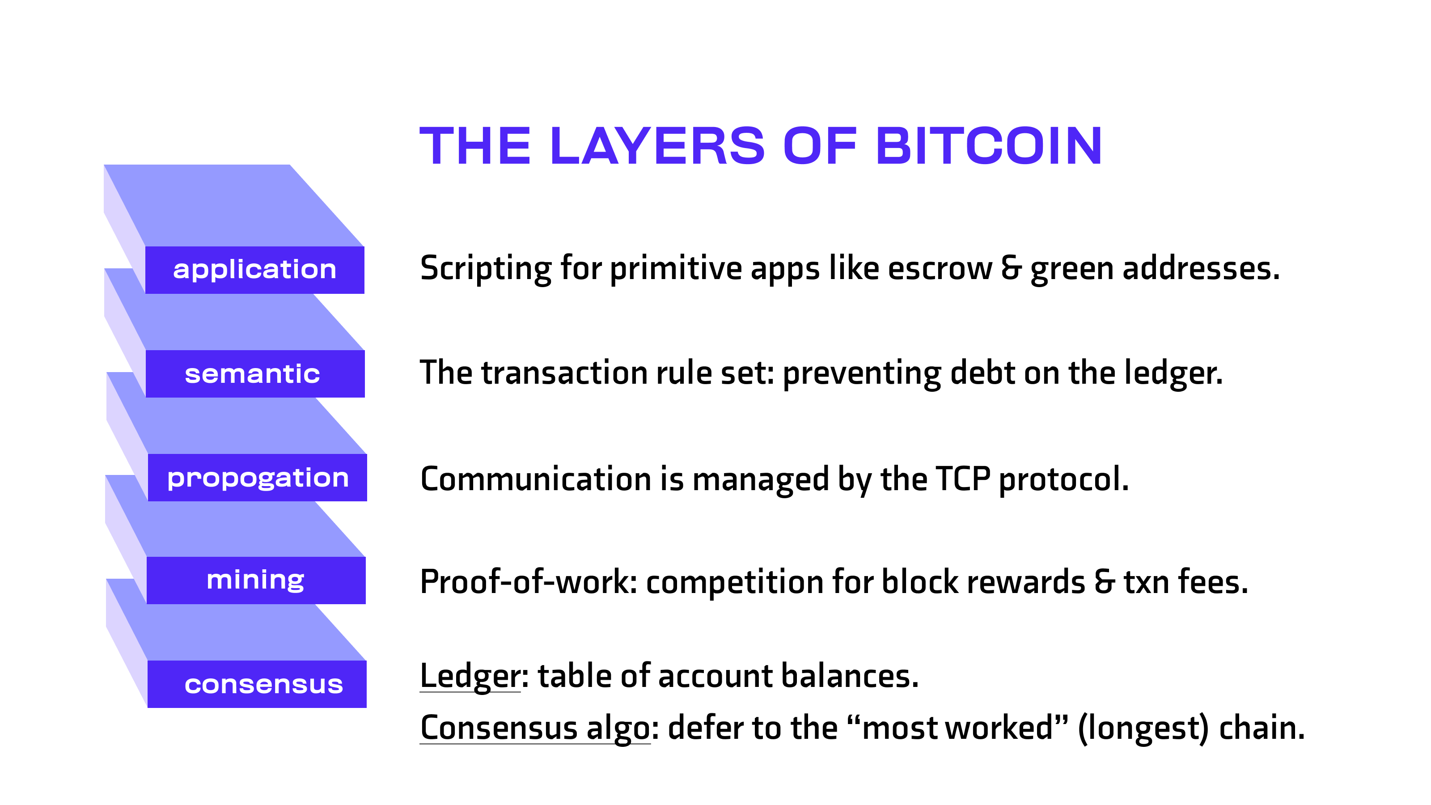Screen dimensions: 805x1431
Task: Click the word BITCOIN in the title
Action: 988,146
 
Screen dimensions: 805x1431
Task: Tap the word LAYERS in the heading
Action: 657,146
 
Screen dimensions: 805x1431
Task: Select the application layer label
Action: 254,270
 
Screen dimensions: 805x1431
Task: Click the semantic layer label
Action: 252,374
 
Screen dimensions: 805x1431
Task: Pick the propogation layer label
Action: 258,478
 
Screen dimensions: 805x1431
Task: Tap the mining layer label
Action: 255,580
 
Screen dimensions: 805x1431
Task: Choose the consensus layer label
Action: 263,684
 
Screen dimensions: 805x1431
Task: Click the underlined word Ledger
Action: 470,676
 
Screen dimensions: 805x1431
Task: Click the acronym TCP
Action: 963,479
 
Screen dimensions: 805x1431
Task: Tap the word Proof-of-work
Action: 528,582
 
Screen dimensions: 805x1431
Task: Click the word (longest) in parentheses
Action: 1143,729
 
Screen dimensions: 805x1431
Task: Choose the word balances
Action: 850,676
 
